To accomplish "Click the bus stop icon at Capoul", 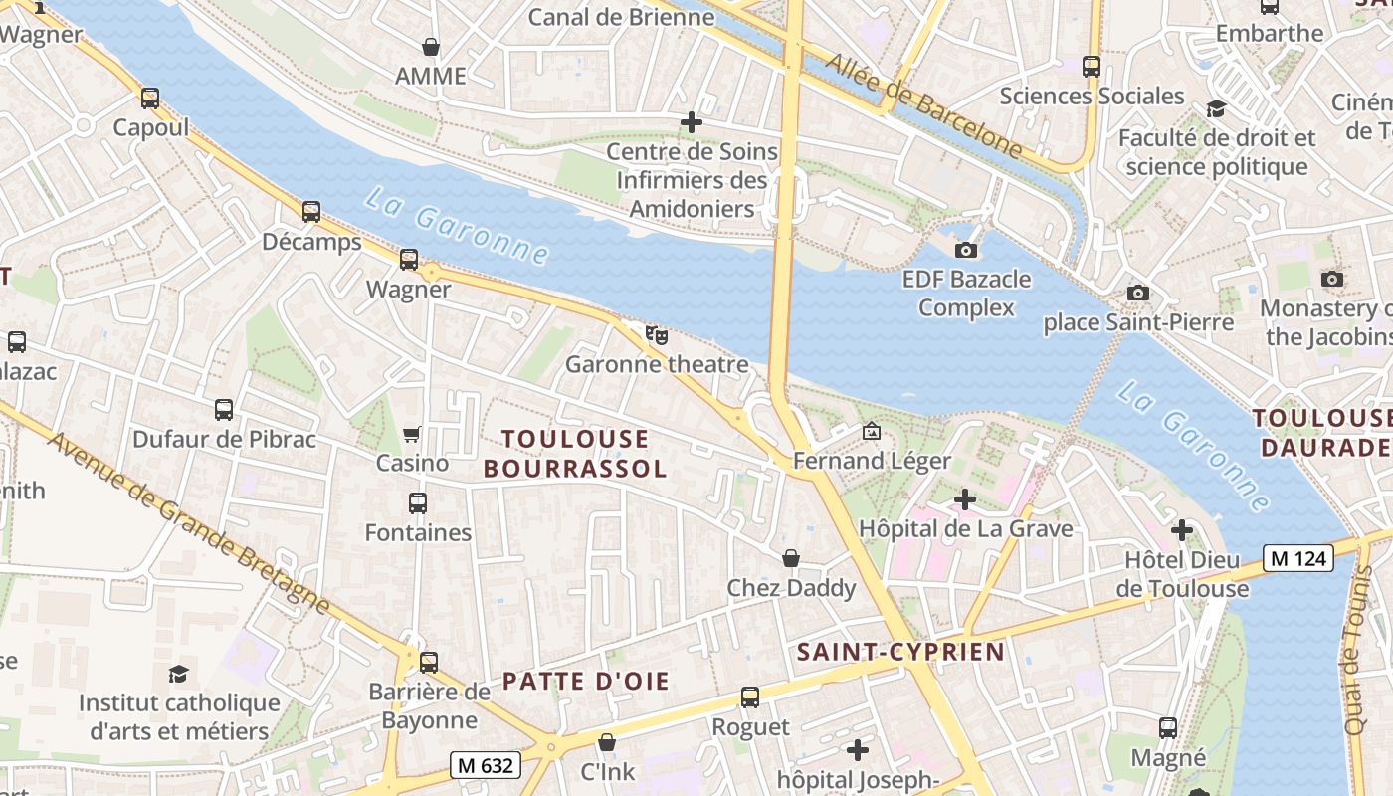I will [150, 99].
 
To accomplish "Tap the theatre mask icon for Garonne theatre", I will [656, 334].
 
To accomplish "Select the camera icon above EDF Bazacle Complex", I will [965, 250].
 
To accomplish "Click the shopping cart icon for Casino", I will [412, 434].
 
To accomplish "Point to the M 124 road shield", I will [1298, 558].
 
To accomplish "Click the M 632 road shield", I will [486, 765].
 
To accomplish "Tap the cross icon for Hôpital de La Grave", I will [964, 498].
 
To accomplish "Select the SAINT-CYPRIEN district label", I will [900, 652].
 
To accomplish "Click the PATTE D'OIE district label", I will [585, 682].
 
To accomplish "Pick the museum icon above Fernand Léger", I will [872, 431].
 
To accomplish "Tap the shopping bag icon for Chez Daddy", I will [791, 558].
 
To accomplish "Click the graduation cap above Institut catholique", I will [178, 674].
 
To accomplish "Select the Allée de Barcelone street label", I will [922, 105].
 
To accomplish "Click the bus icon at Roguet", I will [750, 697].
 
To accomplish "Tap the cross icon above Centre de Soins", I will [692, 122].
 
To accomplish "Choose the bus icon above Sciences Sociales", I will [1092, 67].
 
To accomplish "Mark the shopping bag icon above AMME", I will [431, 47].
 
